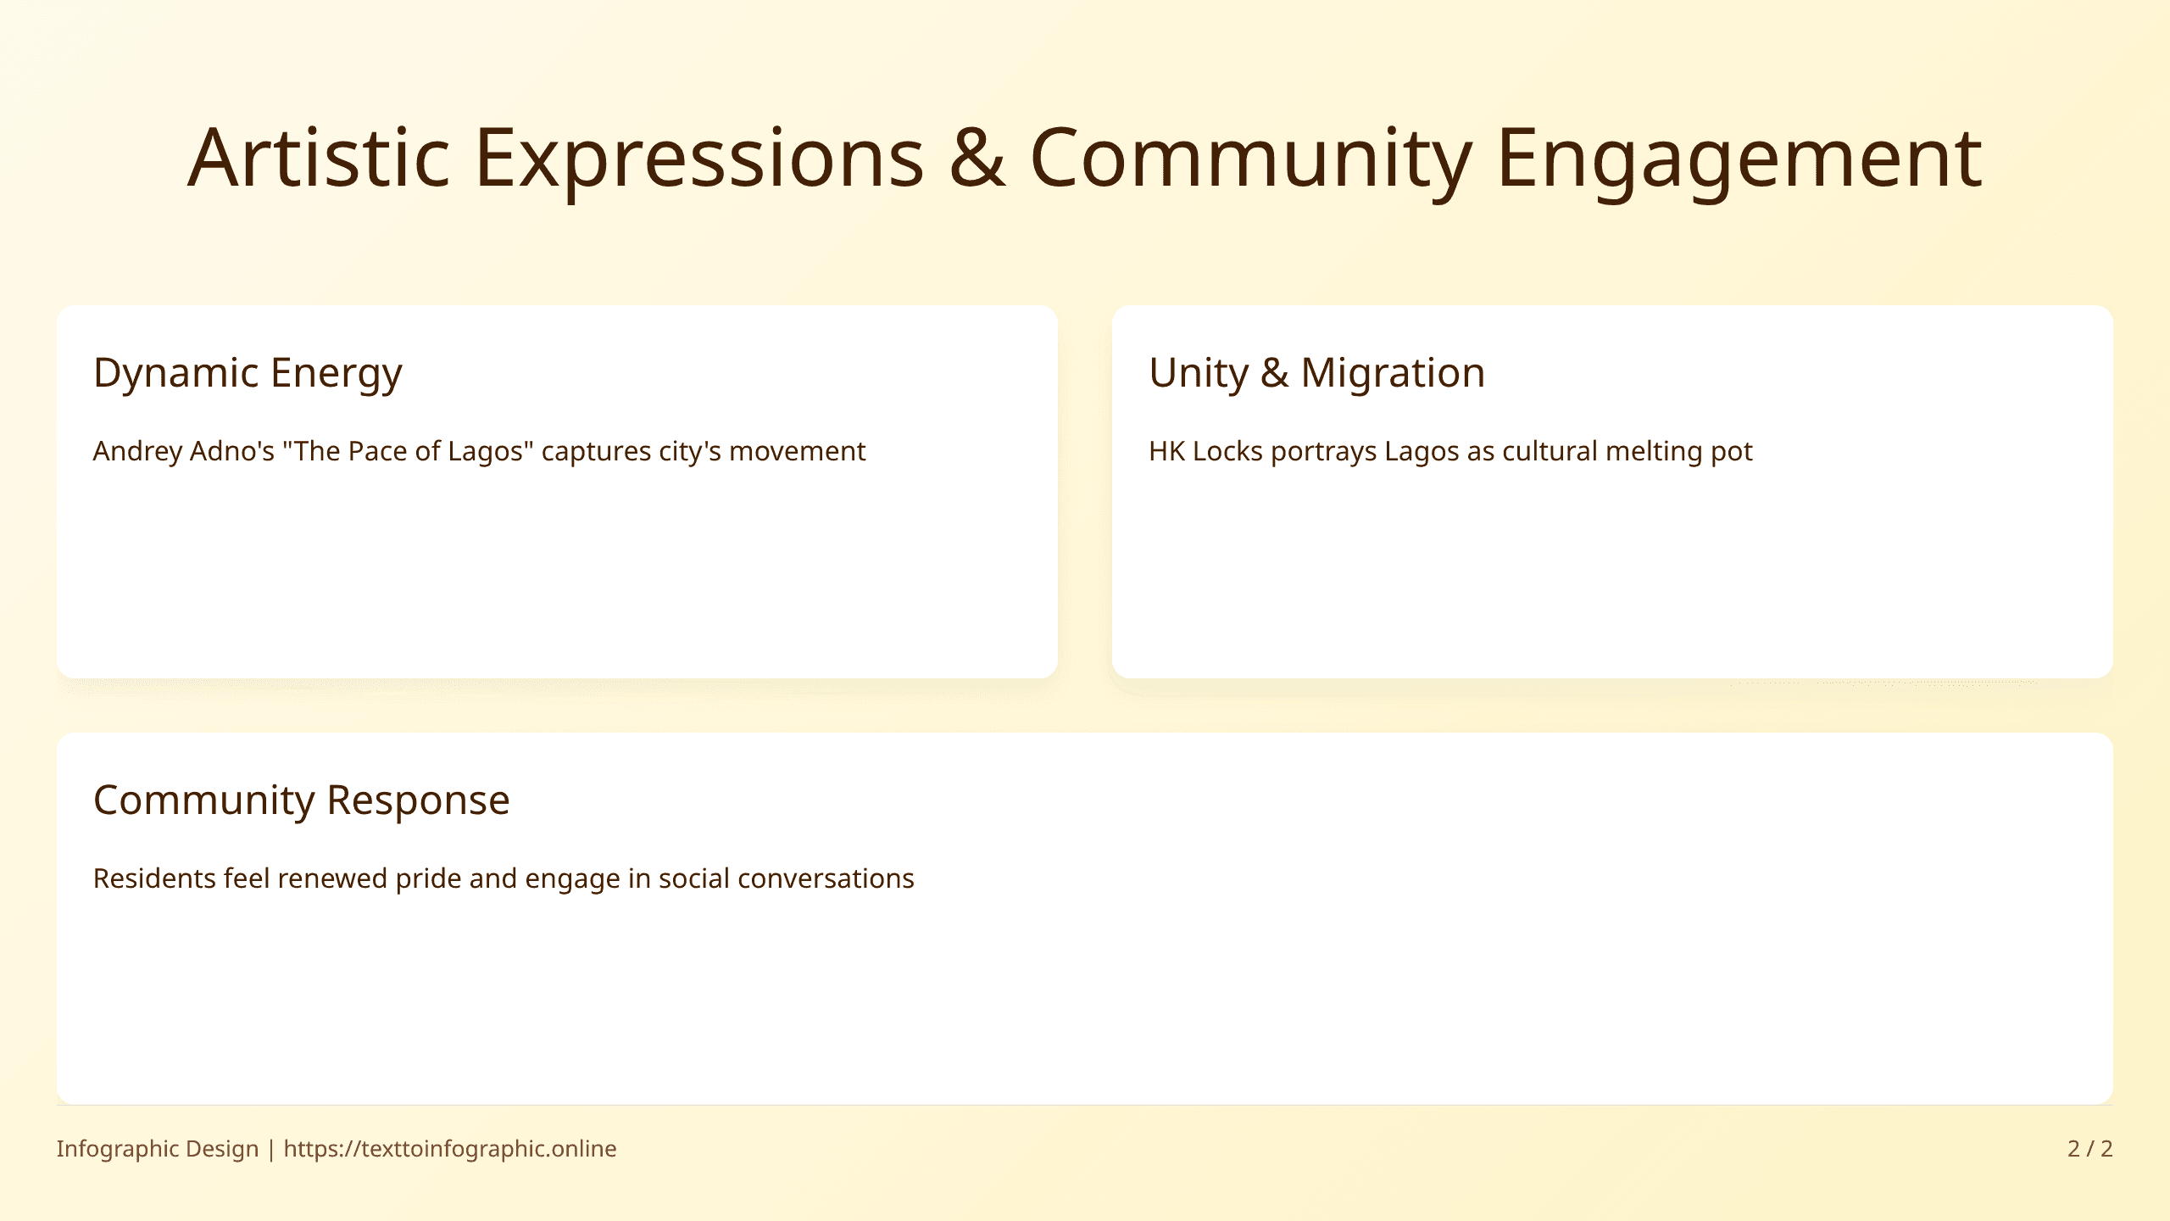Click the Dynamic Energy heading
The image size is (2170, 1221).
(248, 373)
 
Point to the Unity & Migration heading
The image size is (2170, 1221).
(1316, 373)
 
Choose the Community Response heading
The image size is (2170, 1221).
(301, 800)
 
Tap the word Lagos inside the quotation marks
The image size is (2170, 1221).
(485, 452)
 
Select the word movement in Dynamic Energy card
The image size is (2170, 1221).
(797, 452)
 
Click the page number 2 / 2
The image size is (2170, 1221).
(2089, 1149)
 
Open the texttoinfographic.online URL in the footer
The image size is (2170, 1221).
(450, 1149)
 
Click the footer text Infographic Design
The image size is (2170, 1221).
(158, 1149)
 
